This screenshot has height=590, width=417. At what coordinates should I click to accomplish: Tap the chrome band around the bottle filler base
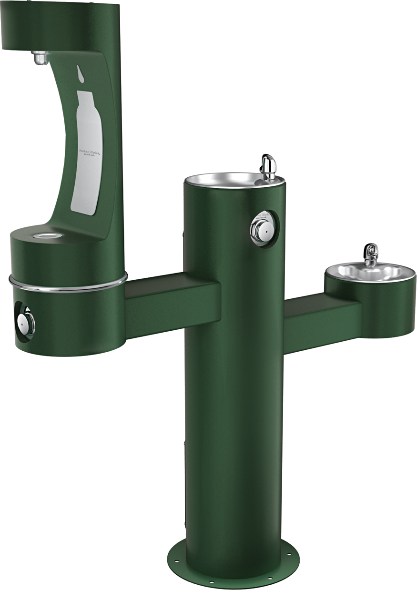pos(67,286)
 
